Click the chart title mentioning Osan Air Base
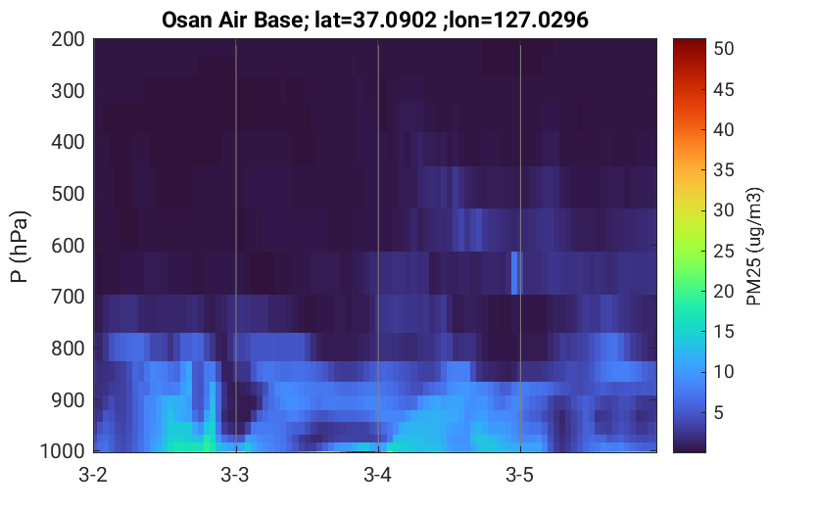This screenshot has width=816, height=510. (374, 20)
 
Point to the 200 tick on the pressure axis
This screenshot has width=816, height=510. (68, 39)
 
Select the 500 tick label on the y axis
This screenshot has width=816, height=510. (68, 194)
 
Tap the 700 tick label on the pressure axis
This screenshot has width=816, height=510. (68, 297)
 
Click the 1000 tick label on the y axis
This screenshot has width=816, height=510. (63, 451)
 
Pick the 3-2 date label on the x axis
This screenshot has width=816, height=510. (93, 475)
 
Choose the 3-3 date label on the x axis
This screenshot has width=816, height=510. (235, 475)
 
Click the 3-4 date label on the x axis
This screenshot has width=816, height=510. (378, 475)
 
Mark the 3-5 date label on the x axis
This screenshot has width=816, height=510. (520, 475)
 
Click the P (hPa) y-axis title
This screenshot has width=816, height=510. (20, 247)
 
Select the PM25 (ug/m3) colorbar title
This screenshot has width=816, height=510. (754, 247)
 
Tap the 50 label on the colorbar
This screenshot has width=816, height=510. (723, 48)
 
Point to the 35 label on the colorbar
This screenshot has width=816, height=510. (723, 170)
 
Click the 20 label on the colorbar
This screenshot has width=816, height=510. (723, 291)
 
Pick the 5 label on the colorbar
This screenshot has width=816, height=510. (719, 413)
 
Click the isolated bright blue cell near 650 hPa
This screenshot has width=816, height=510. (514, 273)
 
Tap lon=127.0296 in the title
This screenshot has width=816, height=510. (518, 20)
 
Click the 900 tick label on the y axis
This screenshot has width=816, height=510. (68, 400)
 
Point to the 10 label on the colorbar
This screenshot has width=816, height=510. (723, 372)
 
